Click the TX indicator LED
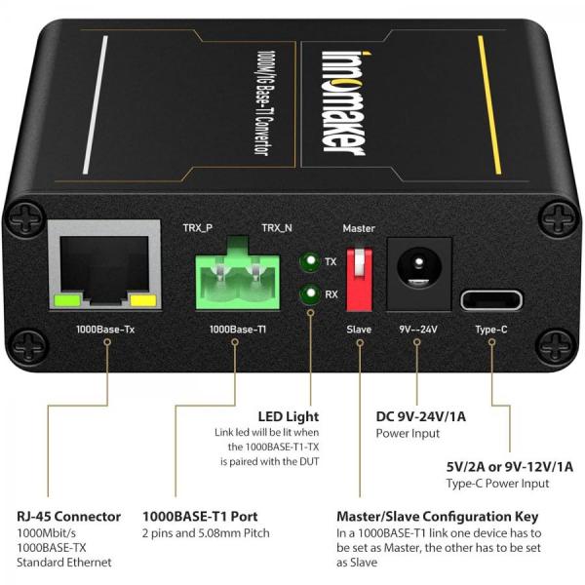click(309, 262)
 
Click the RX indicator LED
click(309, 293)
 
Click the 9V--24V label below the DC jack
click(417, 331)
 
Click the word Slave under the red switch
click(359, 331)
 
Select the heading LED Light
click(288, 416)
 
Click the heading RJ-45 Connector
click(69, 516)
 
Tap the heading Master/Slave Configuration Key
click(436, 516)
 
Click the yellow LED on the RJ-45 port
click(142, 301)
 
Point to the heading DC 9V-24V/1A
click(420, 416)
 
